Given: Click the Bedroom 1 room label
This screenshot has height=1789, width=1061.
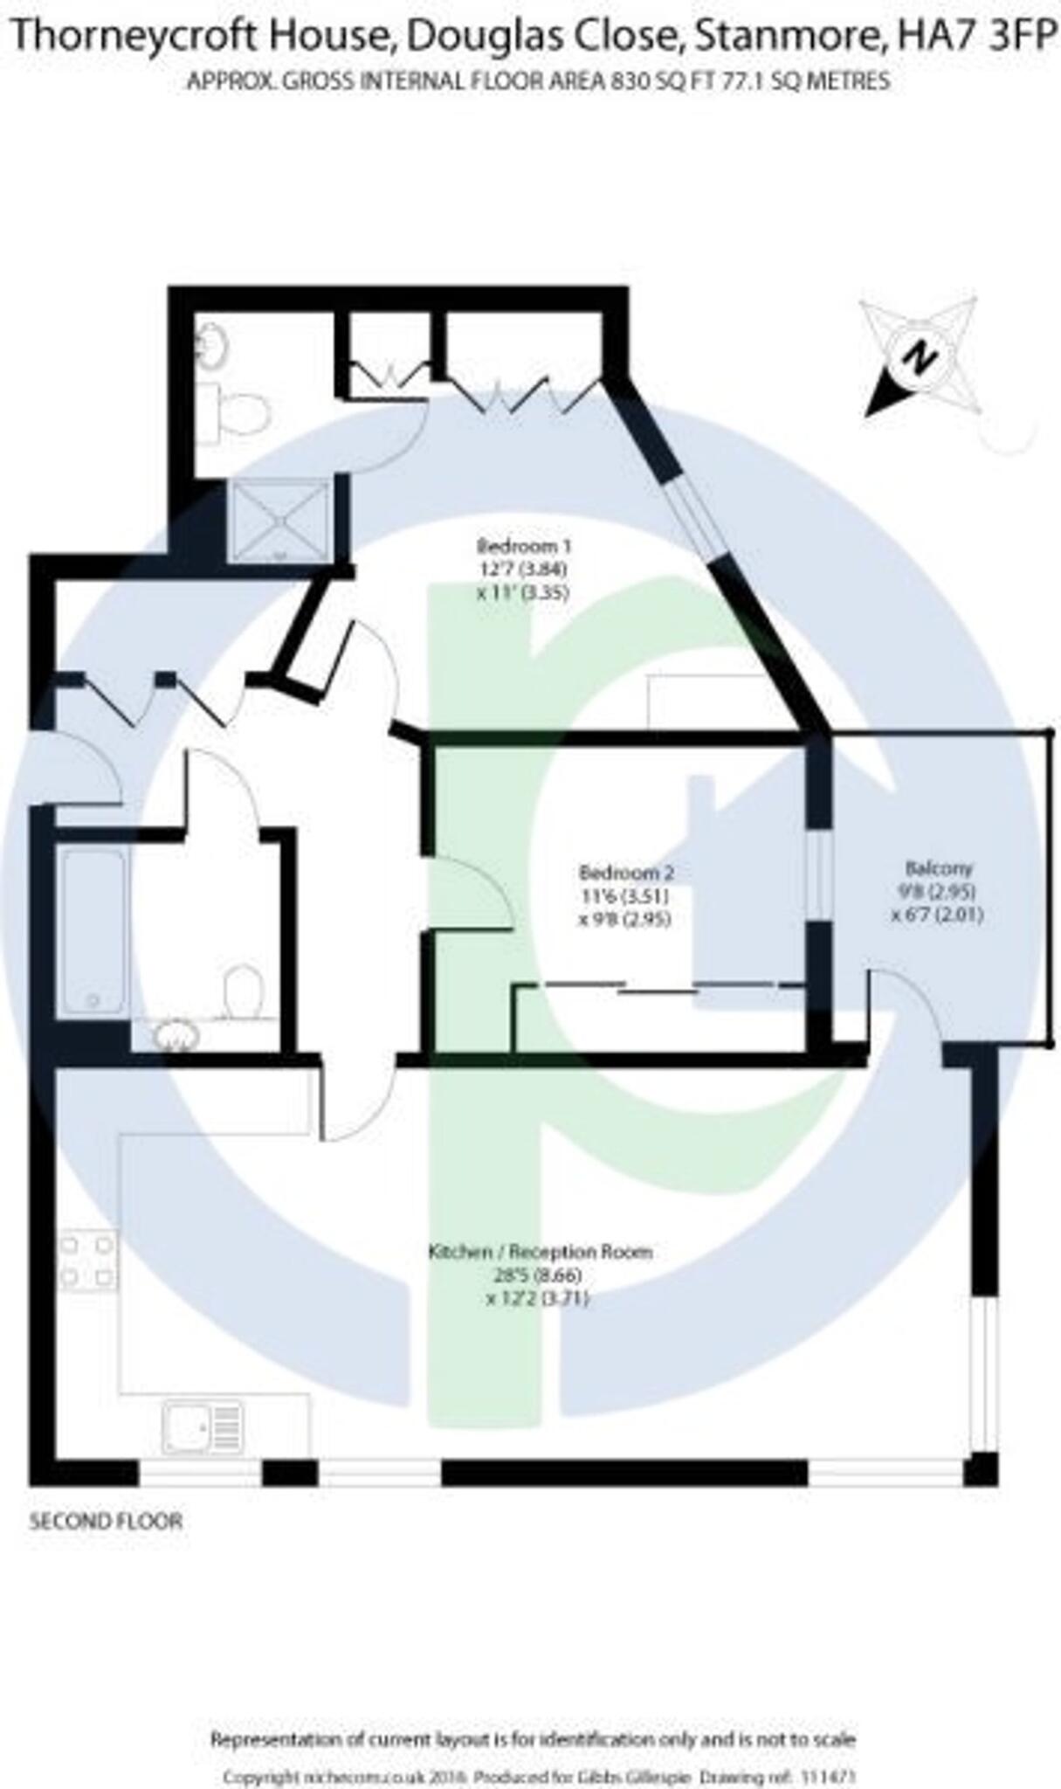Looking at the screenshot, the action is pyautogui.click(x=524, y=548).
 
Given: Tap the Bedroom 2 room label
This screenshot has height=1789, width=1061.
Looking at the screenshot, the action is pyautogui.click(x=626, y=873).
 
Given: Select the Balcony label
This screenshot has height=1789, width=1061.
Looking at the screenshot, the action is pyautogui.click(x=938, y=869).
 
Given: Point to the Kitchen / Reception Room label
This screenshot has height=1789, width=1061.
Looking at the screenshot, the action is pyautogui.click(x=540, y=1252).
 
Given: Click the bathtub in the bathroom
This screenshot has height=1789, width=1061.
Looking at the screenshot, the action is pyautogui.click(x=92, y=931).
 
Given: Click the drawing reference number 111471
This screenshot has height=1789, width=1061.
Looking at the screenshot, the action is pyautogui.click(x=827, y=1753).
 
